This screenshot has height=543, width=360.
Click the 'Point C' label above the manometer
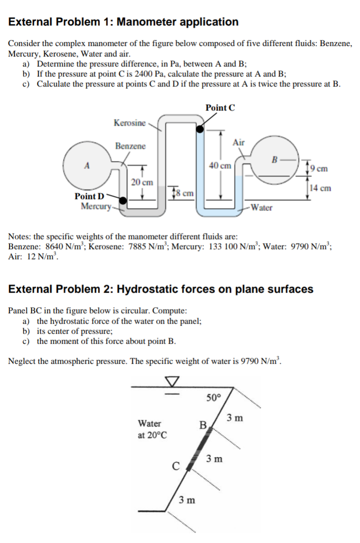click(x=220, y=107)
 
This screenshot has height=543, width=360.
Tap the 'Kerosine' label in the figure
click(x=129, y=122)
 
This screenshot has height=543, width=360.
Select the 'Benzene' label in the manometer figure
click(x=130, y=146)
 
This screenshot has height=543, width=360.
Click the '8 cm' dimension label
click(x=183, y=192)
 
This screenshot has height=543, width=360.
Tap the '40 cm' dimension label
click(x=220, y=165)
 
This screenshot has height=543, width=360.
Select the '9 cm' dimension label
click(x=319, y=168)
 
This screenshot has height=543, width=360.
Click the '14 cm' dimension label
click(x=320, y=188)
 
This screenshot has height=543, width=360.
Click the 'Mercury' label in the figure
click(x=95, y=205)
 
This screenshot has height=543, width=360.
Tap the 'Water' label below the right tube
click(x=261, y=207)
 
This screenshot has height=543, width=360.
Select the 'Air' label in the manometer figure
click(x=239, y=142)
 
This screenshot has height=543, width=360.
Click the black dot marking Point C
click(x=199, y=129)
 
